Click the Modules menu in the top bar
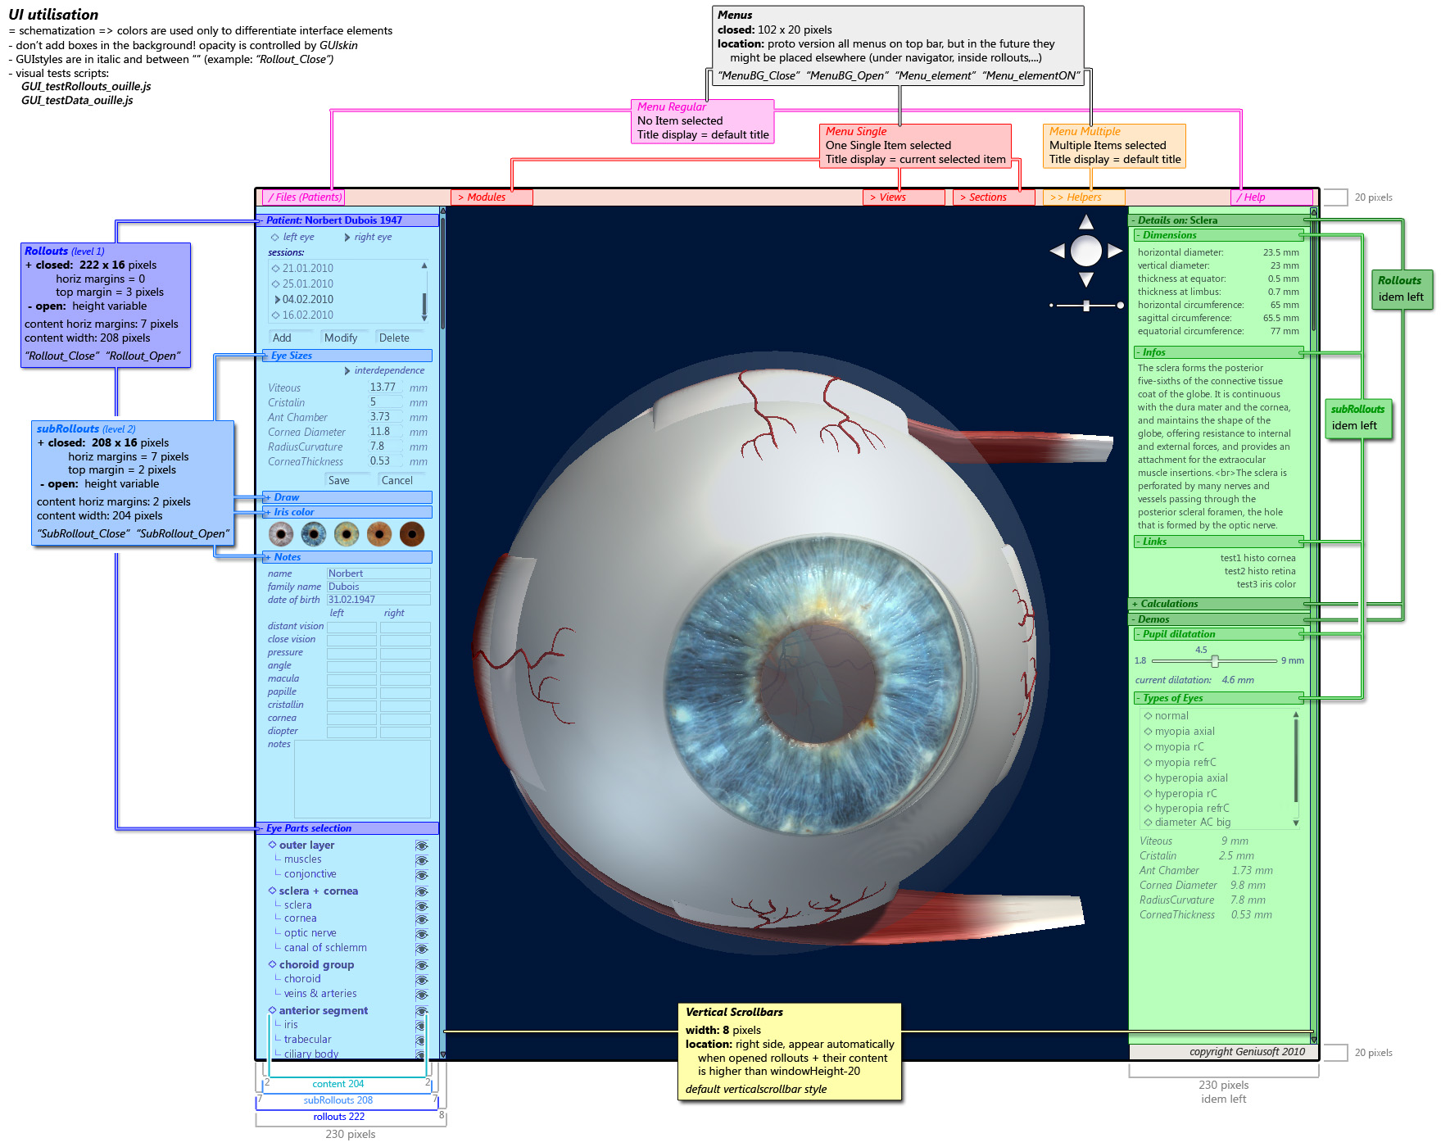pyautogui.click(x=491, y=197)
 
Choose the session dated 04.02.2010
pyautogui.click(x=308, y=300)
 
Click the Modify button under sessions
pyautogui.click(x=341, y=338)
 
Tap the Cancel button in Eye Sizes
pyautogui.click(x=397, y=481)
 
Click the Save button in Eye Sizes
pyautogui.click(x=339, y=481)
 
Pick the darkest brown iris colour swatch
pyautogui.click(x=412, y=535)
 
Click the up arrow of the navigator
pyautogui.click(x=1086, y=222)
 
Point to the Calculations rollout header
pyautogui.click(x=1169, y=604)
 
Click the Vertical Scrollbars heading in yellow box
pyautogui.click(x=734, y=1013)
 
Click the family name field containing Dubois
pyautogui.click(x=378, y=587)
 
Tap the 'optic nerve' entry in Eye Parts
pyautogui.click(x=310, y=933)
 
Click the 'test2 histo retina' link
pyautogui.click(x=1260, y=572)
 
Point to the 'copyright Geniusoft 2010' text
pyautogui.click(x=1247, y=1052)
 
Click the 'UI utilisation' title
pyautogui.click(x=53, y=15)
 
